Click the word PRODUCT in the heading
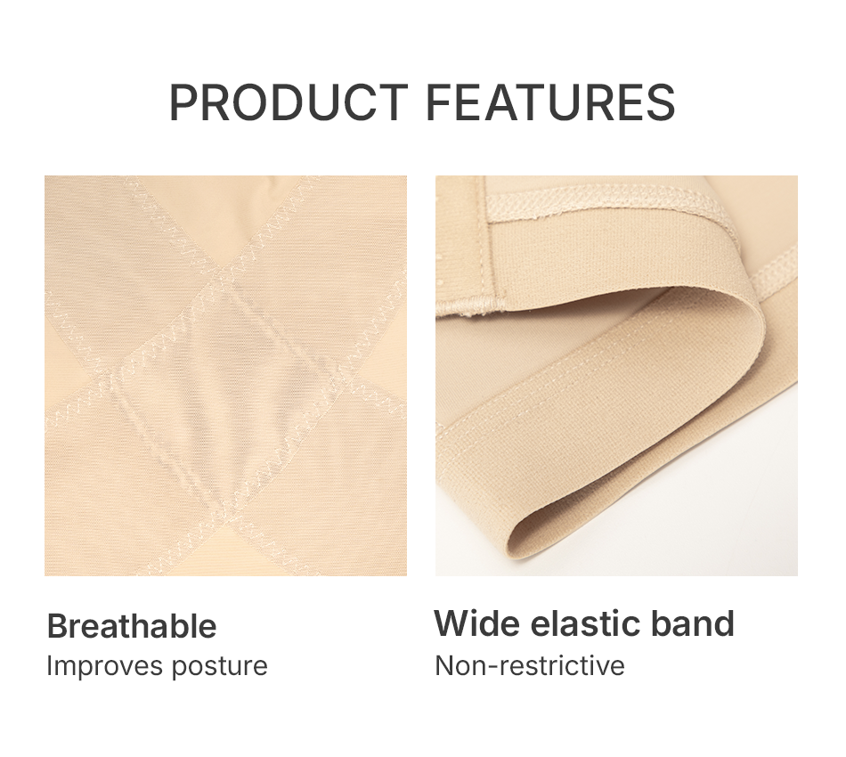289,102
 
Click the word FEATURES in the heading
550,102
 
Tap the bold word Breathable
132,626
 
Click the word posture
220,667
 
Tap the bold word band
694,623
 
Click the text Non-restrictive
530,665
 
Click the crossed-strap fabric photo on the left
225,376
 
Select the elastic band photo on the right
617,376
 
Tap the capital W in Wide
453,623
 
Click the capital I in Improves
49,665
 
